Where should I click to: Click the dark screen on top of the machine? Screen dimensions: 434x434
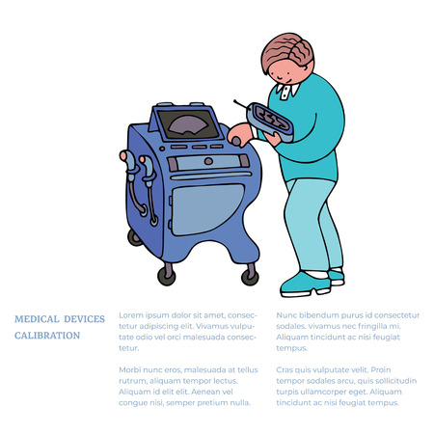coord(186,122)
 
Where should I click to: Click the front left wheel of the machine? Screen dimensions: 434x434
coord(167,275)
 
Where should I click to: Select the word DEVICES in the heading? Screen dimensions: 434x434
coord(84,318)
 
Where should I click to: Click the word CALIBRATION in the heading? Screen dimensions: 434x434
coord(47,336)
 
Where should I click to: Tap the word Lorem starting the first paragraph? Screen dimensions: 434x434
coord(129,315)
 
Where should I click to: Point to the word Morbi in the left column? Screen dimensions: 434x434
coord(129,370)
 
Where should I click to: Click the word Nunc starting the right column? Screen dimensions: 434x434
coord(287,315)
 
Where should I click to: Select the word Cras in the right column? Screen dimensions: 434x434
coord(286,370)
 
